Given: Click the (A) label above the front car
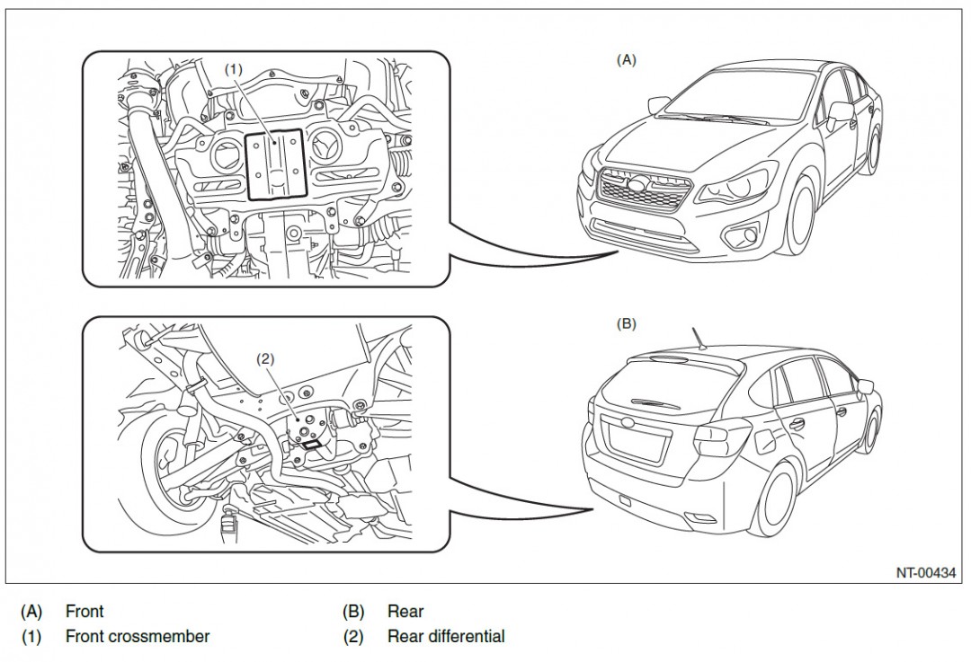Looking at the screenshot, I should [x=626, y=60].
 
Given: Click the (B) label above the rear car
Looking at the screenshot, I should [x=626, y=324].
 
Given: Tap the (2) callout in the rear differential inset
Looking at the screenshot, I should [x=265, y=358].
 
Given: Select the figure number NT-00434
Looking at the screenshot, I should [x=925, y=572].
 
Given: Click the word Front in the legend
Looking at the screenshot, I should [x=85, y=612].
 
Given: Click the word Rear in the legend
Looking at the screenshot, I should [x=405, y=612].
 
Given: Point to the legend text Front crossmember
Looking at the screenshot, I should [x=138, y=637].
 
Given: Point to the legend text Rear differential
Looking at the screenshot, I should [x=446, y=637].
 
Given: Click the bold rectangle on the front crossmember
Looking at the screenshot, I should [x=277, y=163].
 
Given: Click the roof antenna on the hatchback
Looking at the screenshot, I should [x=698, y=339].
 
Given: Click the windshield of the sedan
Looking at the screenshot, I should [x=744, y=96].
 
